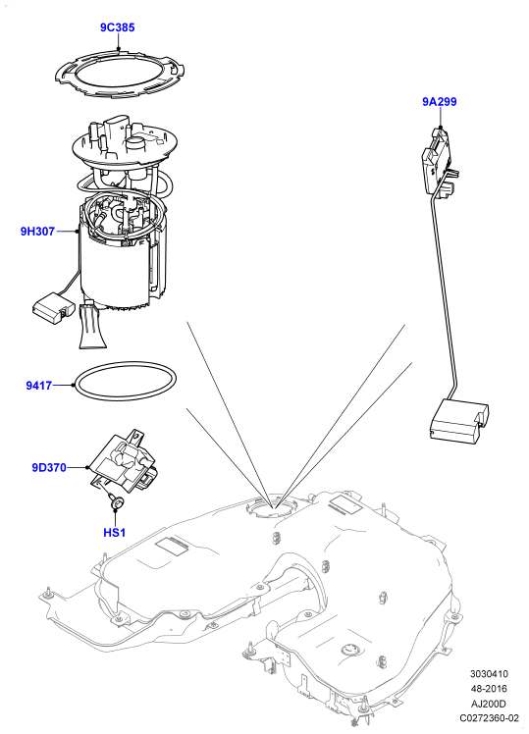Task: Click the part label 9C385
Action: click(117, 27)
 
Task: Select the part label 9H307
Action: click(37, 231)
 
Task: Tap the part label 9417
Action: click(38, 387)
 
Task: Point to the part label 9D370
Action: click(49, 467)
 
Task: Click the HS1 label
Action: click(114, 532)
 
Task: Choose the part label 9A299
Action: click(440, 102)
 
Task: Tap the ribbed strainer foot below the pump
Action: click(91, 326)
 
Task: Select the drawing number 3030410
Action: click(489, 674)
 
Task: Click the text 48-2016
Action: click(489, 689)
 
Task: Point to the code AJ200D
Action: click(489, 704)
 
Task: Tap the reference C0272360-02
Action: click(489, 718)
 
